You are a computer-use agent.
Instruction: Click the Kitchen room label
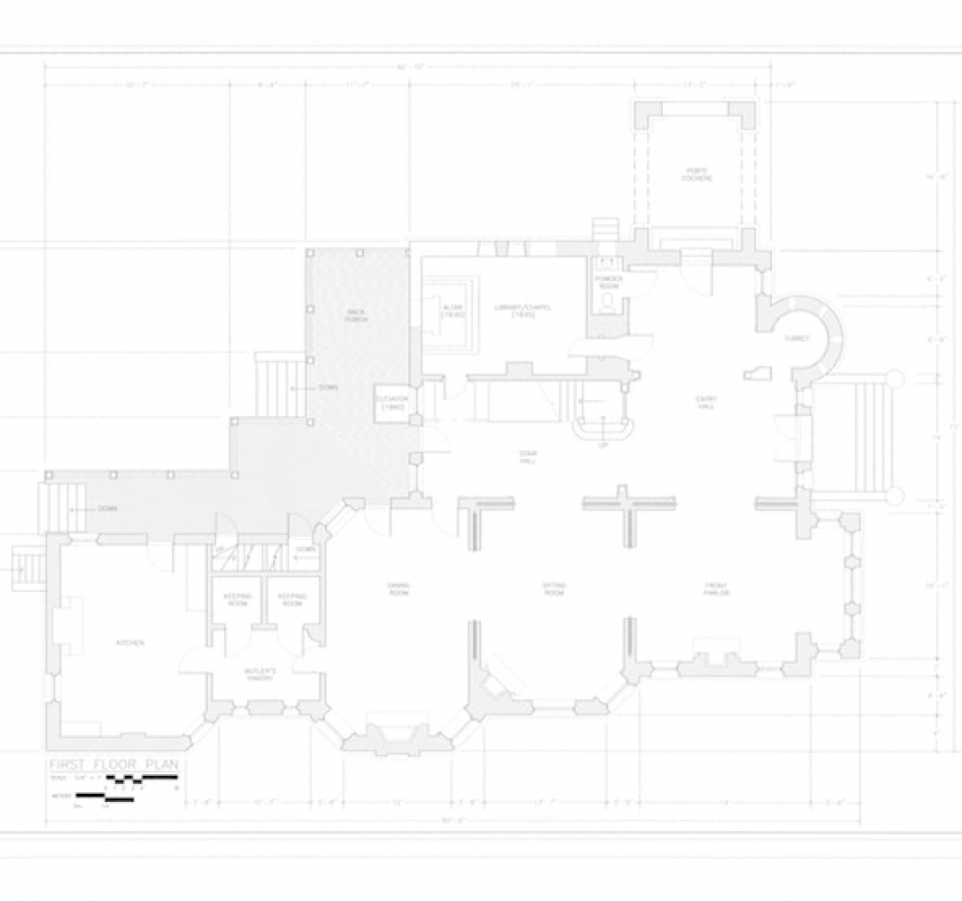(x=131, y=642)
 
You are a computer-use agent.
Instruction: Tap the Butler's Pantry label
(x=260, y=675)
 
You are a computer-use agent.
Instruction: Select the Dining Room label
(x=398, y=589)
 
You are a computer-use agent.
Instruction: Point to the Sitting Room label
(x=554, y=589)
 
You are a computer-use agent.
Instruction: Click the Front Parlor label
(x=716, y=589)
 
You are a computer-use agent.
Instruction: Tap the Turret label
(x=796, y=339)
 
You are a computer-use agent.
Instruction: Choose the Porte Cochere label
(x=696, y=174)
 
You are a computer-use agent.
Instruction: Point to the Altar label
(x=451, y=312)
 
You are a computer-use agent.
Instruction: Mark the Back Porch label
(x=357, y=314)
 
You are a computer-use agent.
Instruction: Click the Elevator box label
(x=393, y=403)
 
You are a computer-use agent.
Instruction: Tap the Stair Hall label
(x=527, y=456)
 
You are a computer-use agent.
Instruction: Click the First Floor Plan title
(x=113, y=765)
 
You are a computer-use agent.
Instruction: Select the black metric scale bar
(x=104, y=796)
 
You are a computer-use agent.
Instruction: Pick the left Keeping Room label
(x=237, y=599)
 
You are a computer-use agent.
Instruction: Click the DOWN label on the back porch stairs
(x=328, y=387)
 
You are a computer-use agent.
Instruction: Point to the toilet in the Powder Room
(x=609, y=301)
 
